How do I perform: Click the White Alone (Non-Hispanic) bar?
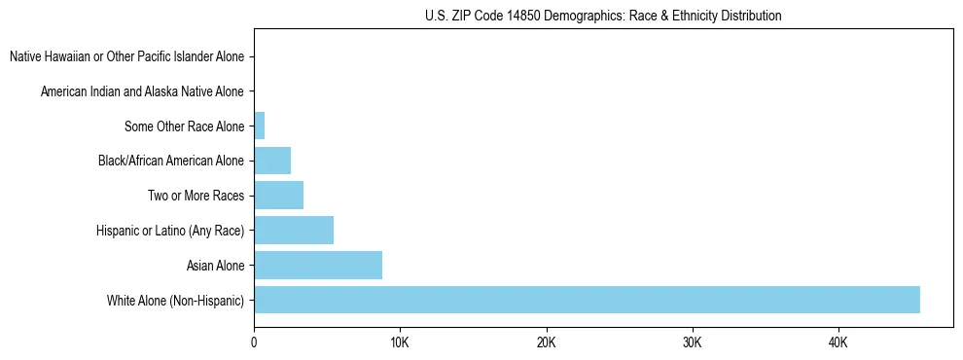pyautogui.click(x=587, y=300)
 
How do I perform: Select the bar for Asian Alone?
pyautogui.click(x=318, y=265)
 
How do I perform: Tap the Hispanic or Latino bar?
pyautogui.click(x=294, y=230)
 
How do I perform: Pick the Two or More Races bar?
pyautogui.click(x=278, y=196)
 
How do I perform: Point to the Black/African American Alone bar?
pyautogui.click(x=272, y=161)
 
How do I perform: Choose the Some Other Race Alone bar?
pyautogui.click(x=260, y=126)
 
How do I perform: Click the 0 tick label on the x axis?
pyautogui.click(x=254, y=343)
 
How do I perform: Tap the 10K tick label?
pyautogui.click(x=400, y=343)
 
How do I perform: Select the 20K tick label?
pyautogui.click(x=546, y=343)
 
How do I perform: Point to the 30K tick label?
pyautogui.click(x=692, y=343)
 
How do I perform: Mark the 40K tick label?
pyautogui.click(x=838, y=343)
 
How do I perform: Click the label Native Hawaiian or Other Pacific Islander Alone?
pyautogui.click(x=126, y=56)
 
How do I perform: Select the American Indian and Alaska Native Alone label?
pyautogui.click(x=142, y=91)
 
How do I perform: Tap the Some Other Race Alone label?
pyautogui.click(x=184, y=126)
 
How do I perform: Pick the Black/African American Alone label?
pyautogui.click(x=171, y=161)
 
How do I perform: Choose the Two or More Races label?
pyautogui.click(x=196, y=196)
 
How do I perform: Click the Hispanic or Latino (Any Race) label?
pyautogui.click(x=170, y=231)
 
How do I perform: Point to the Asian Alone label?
pyautogui.click(x=215, y=265)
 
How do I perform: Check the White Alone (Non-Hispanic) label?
pyautogui.click(x=176, y=300)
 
